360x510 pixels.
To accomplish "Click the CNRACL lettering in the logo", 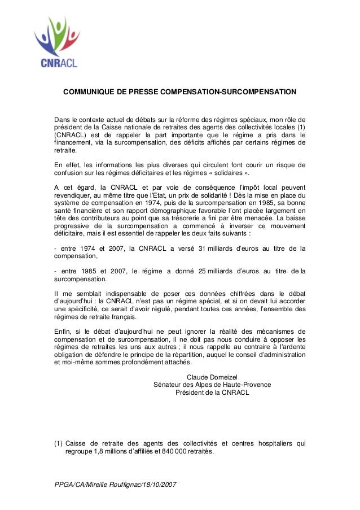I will pos(56,62).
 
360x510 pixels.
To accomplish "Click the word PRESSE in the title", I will pos(138,91).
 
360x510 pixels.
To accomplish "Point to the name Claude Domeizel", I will pos(212,377).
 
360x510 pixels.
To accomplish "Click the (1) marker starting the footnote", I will pos(58,443).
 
